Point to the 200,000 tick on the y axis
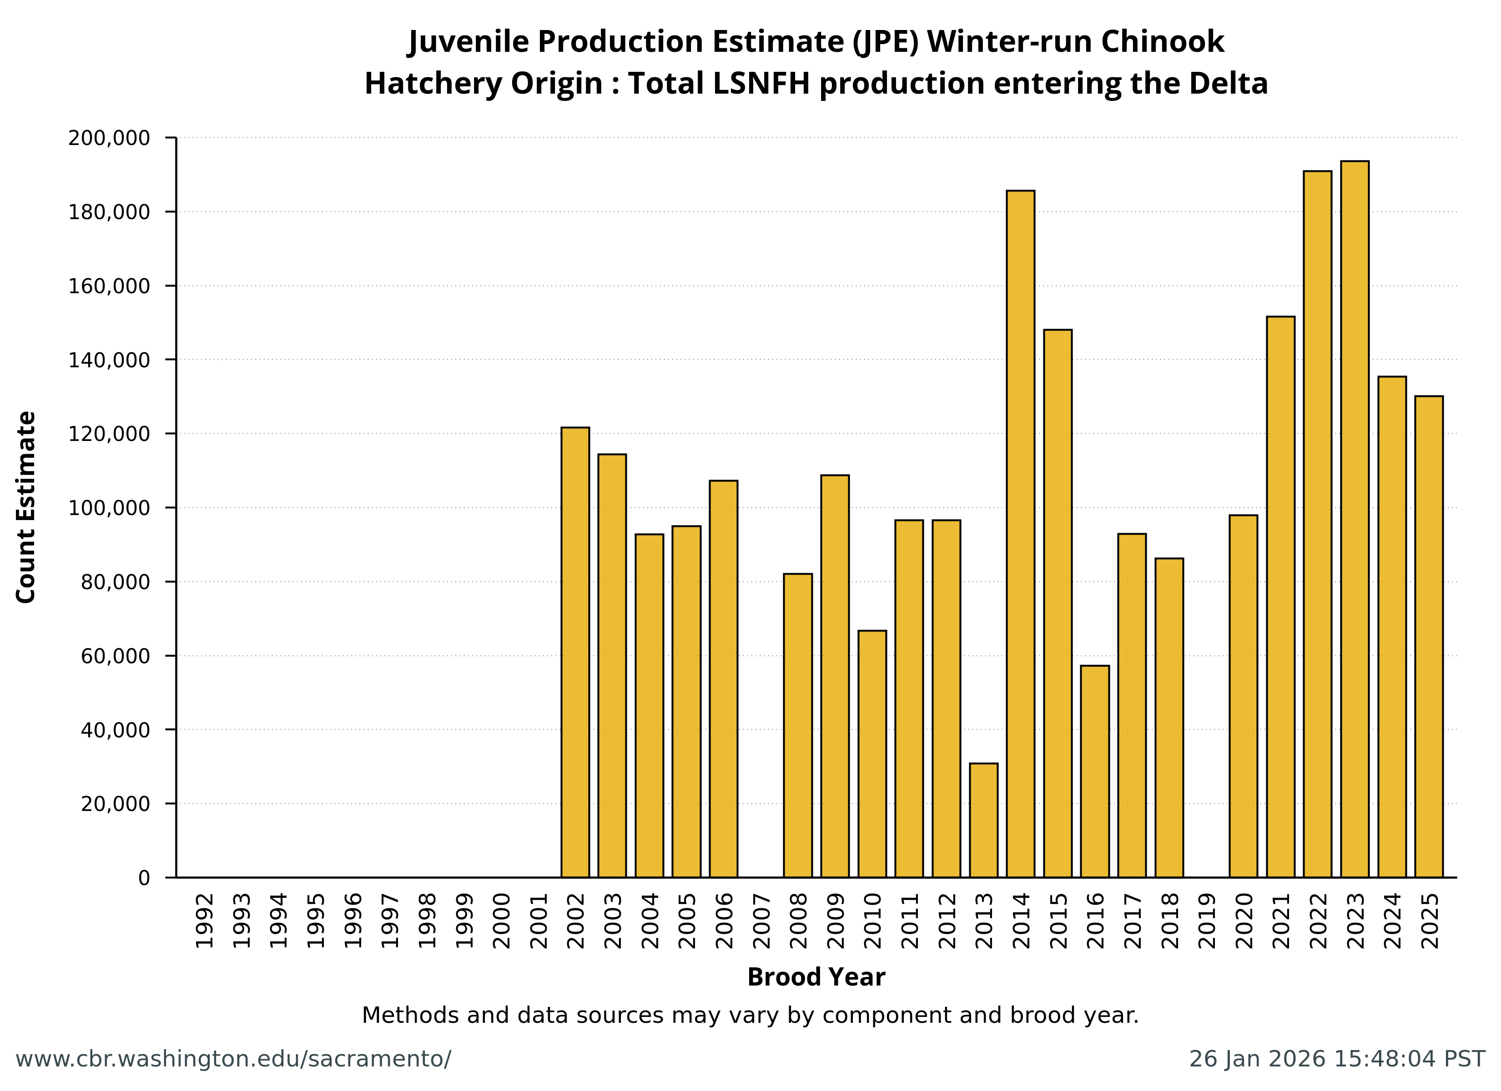109,138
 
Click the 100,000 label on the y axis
109,508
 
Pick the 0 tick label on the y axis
144,878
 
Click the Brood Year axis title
816,977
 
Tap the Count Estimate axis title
26,507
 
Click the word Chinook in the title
1162,42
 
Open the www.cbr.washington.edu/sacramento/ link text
233,1059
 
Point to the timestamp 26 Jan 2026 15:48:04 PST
1337,1059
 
